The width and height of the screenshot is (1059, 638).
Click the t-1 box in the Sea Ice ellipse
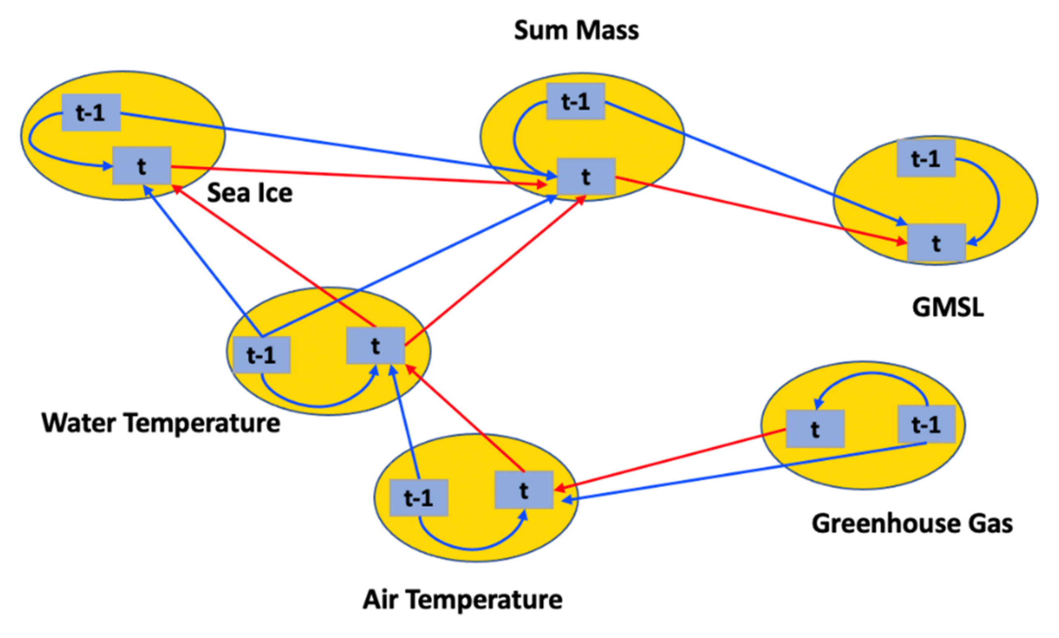click(x=91, y=112)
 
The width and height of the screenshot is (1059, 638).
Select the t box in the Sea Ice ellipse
click(x=141, y=166)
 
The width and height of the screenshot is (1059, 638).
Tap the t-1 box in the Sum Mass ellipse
click(x=575, y=101)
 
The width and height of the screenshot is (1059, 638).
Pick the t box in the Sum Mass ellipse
click(x=586, y=176)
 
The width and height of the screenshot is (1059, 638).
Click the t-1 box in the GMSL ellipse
click(x=926, y=158)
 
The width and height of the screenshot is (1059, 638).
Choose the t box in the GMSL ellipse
click(x=936, y=243)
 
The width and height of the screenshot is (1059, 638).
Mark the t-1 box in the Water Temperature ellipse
click(x=261, y=355)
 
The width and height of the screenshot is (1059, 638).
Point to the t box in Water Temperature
click(x=375, y=345)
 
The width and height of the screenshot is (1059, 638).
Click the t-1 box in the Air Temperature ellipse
click(x=419, y=497)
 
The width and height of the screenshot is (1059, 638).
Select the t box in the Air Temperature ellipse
click(x=523, y=490)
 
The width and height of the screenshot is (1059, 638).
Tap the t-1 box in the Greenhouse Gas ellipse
click(x=926, y=424)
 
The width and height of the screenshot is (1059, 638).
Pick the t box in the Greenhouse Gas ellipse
click(x=815, y=428)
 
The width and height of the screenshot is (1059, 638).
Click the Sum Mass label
click(x=576, y=30)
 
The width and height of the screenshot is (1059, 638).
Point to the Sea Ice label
click(x=249, y=192)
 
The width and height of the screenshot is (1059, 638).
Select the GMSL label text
click(x=948, y=307)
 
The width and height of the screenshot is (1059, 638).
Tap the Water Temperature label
click(x=161, y=423)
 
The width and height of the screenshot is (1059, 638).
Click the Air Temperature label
click(x=462, y=599)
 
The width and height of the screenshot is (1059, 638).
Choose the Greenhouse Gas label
click(x=912, y=523)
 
